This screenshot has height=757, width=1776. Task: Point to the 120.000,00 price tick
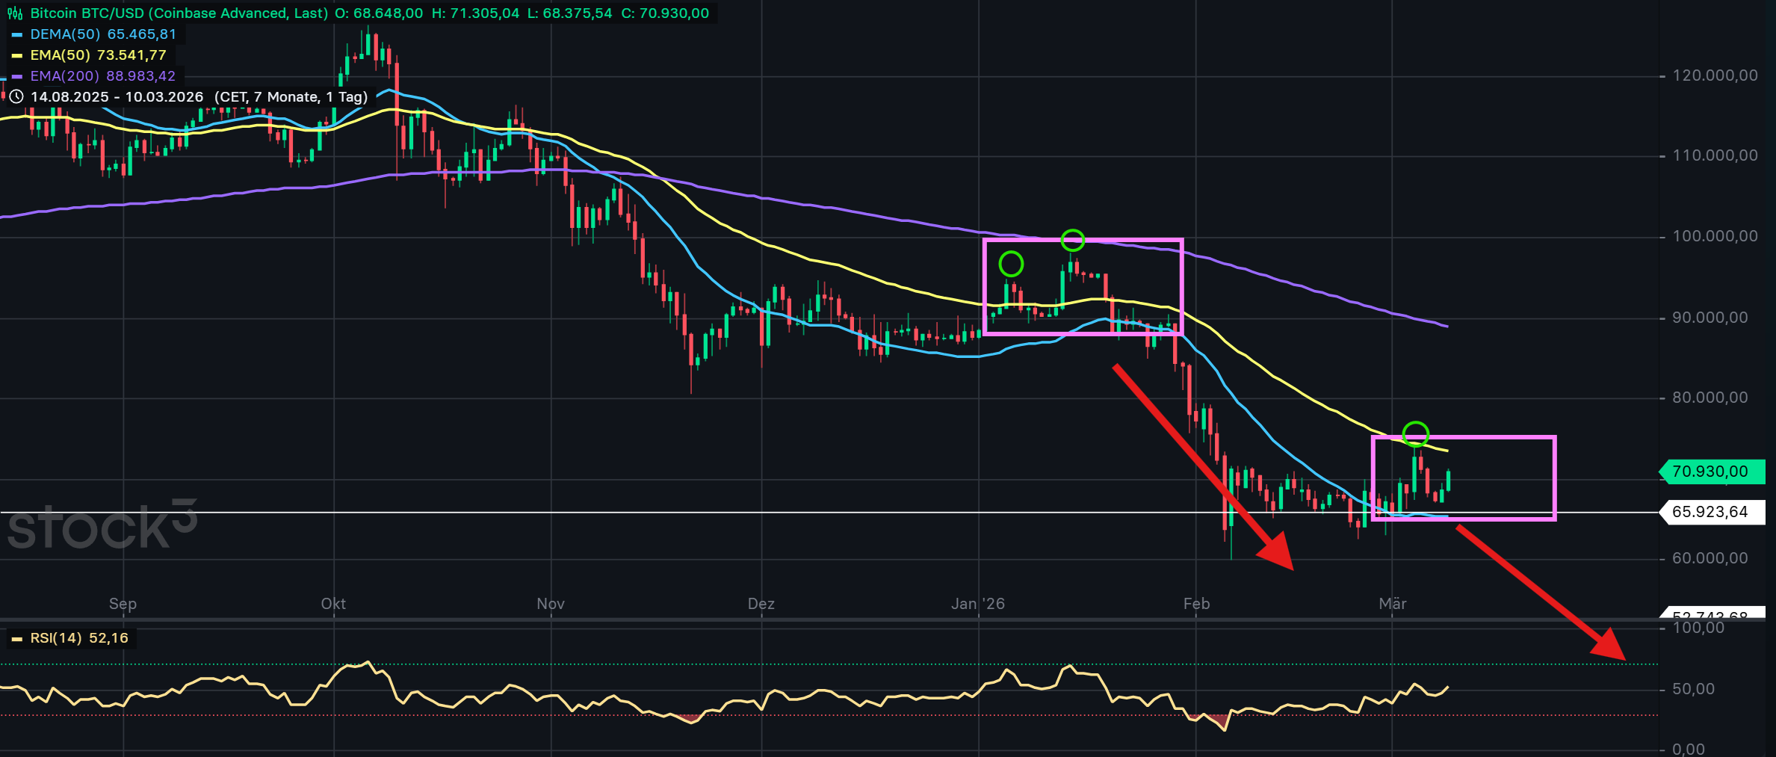[x=1715, y=75]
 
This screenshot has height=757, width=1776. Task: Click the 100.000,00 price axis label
[x=1715, y=237]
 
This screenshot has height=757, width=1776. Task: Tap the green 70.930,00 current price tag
[x=1710, y=472]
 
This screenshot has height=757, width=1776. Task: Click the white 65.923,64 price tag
[x=1710, y=512]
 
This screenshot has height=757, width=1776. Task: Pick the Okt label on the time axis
[x=333, y=604]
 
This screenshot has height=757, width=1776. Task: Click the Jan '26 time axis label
[x=977, y=604]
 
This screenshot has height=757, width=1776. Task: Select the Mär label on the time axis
[x=1392, y=604]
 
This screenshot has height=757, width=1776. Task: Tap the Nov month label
[x=551, y=604]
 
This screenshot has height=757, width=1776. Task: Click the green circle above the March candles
[x=1416, y=433]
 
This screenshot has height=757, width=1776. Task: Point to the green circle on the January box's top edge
[x=1072, y=240]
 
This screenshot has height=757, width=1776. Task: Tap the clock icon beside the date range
[x=16, y=97]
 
